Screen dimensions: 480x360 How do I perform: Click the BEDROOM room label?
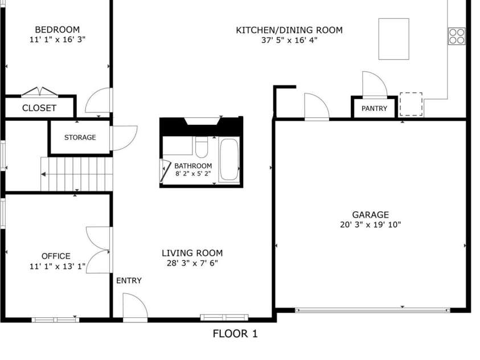tap(58, 30)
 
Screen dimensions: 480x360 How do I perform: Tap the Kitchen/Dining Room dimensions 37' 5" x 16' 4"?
tap(289, 40)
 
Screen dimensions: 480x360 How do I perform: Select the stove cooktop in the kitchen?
tap(457, 36)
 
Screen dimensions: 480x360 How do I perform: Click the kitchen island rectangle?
tap(393, 39)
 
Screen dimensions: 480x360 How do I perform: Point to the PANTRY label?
tap(374, 108)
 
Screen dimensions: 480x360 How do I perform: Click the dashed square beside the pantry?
tap(411, 104)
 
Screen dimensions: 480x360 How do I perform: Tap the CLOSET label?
tap(39, 108)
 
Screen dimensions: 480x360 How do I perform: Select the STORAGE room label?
tap(80, 137)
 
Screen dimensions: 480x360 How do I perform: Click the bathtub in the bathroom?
tap(229, 160)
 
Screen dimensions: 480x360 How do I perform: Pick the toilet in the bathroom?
tap(202, 147)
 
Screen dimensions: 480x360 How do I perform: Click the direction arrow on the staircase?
tap(43, 174)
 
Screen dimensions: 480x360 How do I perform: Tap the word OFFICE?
tap(56, 256)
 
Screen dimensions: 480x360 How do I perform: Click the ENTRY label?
tap(129, 280)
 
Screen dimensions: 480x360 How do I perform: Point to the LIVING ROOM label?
tap(192, 253)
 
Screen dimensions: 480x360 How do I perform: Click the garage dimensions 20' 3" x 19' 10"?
tap(371, 224)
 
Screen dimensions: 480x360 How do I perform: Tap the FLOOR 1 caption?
tap(235, 334)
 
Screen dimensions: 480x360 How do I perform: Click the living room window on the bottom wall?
tap(224, 317)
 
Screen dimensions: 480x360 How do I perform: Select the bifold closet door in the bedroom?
tap(39, 92)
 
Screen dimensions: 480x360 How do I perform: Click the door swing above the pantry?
tap(375, 84)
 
